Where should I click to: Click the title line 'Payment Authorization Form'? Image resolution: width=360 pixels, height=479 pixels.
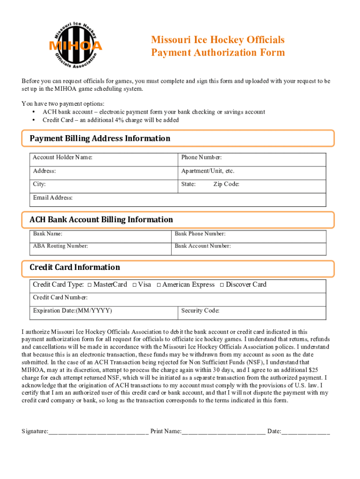click(217, 52)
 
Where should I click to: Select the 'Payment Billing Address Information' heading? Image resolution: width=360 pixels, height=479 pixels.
click(100, 138)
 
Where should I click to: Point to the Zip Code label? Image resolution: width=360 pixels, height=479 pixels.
click(226, 184)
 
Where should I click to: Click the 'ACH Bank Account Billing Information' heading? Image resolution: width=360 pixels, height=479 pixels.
click(101, 220)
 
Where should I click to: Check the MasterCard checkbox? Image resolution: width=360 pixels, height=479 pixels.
click(89, 285)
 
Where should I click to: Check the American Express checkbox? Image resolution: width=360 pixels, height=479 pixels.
click(159, 285)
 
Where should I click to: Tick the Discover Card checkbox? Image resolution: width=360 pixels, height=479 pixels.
click(222, 285)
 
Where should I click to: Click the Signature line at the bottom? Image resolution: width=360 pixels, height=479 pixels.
click(98, 431)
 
